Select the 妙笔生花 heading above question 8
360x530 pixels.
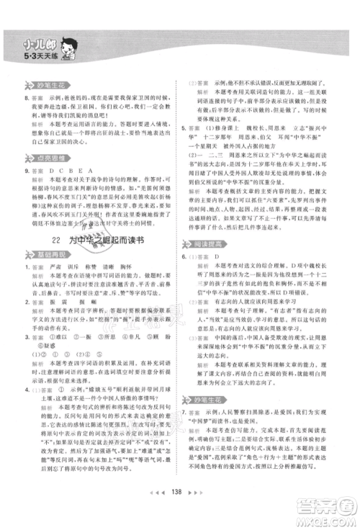(45, 84)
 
